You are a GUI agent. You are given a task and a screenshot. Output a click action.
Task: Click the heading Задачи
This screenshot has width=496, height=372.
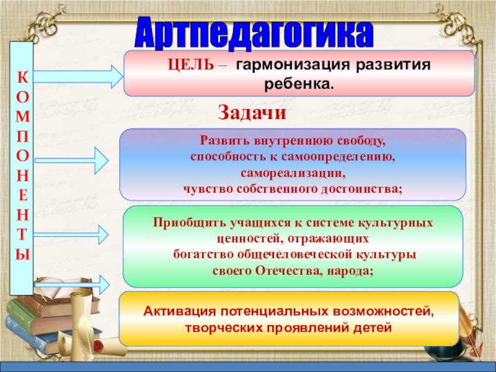click(252, 113)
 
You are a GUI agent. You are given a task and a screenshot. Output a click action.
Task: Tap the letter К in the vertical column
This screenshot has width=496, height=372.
click(22, 78)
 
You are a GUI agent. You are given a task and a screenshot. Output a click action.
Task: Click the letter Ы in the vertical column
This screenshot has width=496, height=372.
click(22, 254)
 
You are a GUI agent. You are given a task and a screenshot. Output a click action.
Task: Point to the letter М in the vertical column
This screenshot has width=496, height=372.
click(22, 116)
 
